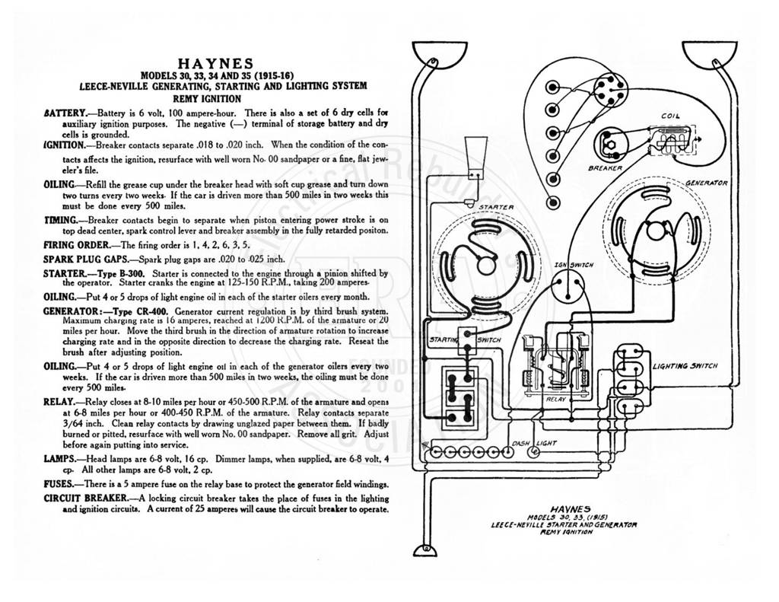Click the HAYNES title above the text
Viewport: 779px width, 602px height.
[x=215, y=64]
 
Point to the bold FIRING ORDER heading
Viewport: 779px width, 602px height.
[x=77, y=244]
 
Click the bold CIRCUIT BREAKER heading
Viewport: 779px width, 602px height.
[x=85, y=498]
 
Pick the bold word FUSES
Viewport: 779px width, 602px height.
[x=59, y=484]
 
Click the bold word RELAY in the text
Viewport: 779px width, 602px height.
[x=59, y=401]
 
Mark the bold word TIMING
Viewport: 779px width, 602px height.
[x=60, y=220]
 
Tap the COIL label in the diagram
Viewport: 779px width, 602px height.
[x=670, y=116]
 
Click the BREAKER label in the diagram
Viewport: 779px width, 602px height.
[x=605, y=168]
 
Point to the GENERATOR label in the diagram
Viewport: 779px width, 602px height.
[x=707, y=183]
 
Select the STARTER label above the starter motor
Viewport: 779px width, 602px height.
[x=496, y=207]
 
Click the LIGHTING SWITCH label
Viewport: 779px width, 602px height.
[x=685, y=366]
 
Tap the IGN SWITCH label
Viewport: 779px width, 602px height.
[x=574, y=265]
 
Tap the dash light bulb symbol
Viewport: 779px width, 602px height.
[x=534, y=452]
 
